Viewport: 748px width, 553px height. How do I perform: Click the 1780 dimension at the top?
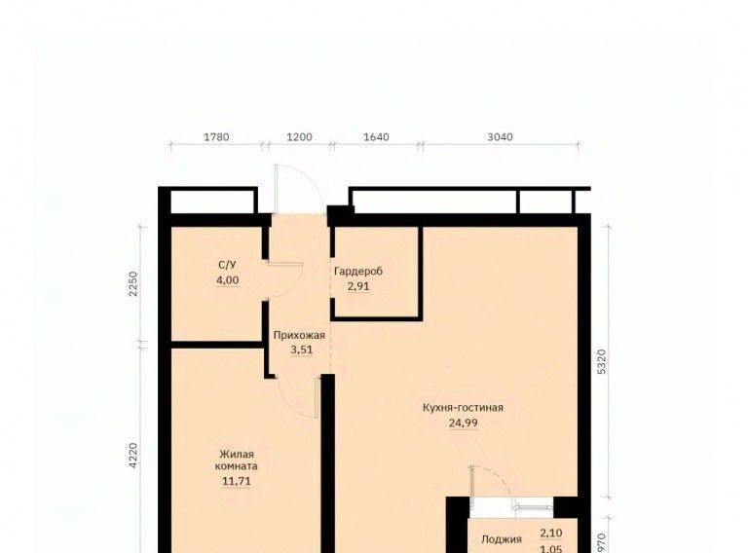click(216, 137)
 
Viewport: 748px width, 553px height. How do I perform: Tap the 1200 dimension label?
click(300, 137)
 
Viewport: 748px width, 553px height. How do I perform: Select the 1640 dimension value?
click(376, 137)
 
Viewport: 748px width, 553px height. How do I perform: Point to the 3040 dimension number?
click(500, 137)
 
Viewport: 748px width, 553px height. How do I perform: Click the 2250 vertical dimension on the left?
click(133, 283)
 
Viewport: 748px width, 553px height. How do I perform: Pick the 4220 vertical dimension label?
click(133, 456)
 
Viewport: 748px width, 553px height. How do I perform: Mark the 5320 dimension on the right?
click(602, 361)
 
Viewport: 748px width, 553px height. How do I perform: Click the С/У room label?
click(227, 265)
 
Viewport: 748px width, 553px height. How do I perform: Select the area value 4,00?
click(228, 280)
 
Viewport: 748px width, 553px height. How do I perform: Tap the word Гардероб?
click(358, 272)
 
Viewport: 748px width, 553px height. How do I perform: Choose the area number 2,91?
click(358, 287)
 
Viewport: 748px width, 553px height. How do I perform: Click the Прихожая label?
click(299, 335)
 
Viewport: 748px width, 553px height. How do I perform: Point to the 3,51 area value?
click(302, 350)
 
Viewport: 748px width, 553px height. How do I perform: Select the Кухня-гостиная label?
click(463, 408)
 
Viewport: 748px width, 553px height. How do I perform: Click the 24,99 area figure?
click(464, 423)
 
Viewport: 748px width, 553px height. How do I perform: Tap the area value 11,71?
click(237, 481)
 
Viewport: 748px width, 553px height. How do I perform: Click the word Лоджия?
click(502, 539)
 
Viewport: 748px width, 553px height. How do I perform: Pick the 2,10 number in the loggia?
click(551, 533)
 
